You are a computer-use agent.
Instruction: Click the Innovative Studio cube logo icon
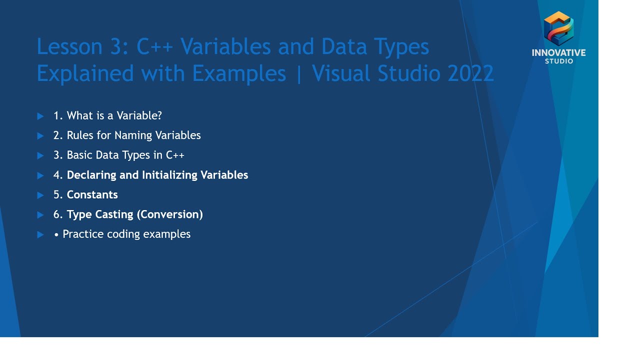click(558, 28)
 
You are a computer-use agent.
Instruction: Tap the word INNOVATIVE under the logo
click(558, 53)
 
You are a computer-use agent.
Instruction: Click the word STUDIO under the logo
click(558, 61)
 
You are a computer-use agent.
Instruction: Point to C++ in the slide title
click(154, 47)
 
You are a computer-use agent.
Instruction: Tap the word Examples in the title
click(239, 73)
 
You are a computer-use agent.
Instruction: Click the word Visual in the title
click(340, 73)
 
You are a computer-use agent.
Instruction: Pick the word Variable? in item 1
click(138, 115)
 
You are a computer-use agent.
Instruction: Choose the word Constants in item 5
click(92, 194)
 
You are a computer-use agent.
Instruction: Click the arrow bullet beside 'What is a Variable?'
click(40, 116)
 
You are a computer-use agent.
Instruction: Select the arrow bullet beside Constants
click(40, 195)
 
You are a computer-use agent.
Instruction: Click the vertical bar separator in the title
click(299, 73)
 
